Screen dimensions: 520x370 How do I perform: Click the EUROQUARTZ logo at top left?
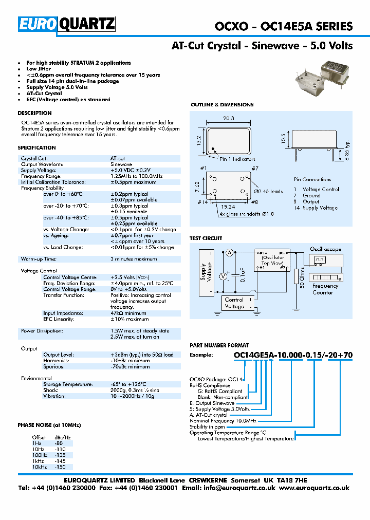pos(67,24)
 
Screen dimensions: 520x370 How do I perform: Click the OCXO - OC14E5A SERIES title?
pos(283,26)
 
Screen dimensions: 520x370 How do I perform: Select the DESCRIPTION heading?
pos(34,113)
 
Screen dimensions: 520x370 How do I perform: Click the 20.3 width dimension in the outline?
pos(228,118)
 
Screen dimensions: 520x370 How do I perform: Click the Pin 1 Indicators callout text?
pos(237,159)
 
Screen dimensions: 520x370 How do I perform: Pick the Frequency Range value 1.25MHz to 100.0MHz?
pos(136,176)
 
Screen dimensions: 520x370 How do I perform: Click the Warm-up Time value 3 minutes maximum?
pos(134,259)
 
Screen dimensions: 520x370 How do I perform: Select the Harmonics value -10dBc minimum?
pos(130,361)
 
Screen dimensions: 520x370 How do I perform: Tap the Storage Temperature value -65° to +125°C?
pos(128,384)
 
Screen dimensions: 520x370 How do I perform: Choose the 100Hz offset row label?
pos(40,455)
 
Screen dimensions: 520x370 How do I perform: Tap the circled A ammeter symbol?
pos(230,251)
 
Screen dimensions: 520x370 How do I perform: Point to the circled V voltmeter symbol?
pos(224,276)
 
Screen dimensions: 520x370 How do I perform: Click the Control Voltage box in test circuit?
pos(234,303)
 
